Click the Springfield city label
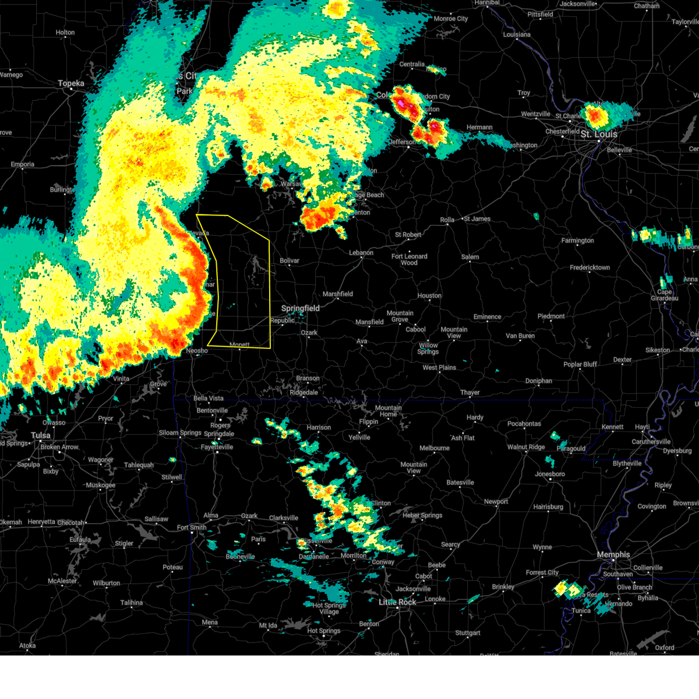(x=301, y=308)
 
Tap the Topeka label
(x=71, y=83)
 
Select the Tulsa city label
(x=41, y=435)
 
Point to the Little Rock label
(x=398, y=602)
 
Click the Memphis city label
(x=613, y=555)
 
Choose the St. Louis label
(x=599, y=134)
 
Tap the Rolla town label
(x=447, y=220)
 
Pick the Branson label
(x=308, y=378)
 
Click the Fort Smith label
(x=192, y=527)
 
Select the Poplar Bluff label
(x=581, y=364)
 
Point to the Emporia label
(x=22, y=164)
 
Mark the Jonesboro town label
(x=550, y=474)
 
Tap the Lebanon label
(x=361, y=252)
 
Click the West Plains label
(x=439, y=368)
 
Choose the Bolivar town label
(x=290, y=260)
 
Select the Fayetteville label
(x=217, y=447)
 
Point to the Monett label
(x=239, y=345)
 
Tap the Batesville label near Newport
(x=460, y=482)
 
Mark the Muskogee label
(x=101, y=485)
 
